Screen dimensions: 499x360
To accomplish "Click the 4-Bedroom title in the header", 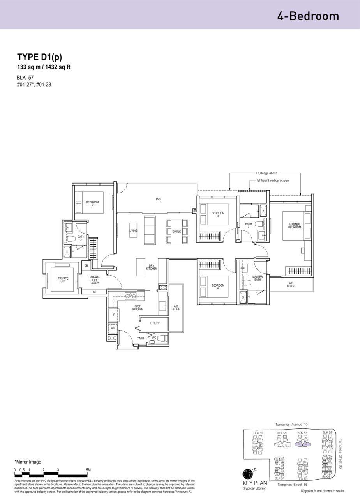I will (308, 16).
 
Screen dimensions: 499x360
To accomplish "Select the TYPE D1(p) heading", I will (39, 57).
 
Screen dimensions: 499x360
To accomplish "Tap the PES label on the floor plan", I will (158, 199).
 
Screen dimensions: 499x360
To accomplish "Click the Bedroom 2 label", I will (92, 203).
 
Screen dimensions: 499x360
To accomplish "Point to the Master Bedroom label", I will (295, 226).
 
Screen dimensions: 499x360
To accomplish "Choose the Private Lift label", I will (63, 280).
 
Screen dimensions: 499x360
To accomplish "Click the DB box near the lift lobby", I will (86, 265).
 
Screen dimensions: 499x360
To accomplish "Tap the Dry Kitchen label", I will (152, 267).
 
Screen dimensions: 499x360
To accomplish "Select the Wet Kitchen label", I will (138, 308).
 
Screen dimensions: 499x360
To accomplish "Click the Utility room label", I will (155, 323).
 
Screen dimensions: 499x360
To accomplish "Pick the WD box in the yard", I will (113, 328).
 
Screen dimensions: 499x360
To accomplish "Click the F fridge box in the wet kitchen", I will (113, 314).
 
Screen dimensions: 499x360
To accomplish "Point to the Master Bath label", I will (257, 278).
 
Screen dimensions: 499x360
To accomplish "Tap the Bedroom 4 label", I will (218, 287).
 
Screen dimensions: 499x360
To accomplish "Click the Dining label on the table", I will (176, 232).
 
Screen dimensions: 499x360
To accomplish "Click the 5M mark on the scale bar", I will (88, 470).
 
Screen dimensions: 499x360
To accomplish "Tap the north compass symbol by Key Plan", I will (248, 474).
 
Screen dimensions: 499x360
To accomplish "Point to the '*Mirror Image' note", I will (28, 462).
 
